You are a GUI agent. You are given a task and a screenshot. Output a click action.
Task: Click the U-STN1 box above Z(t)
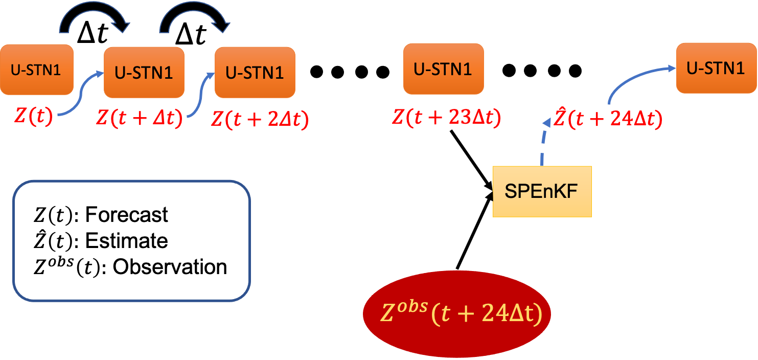pos(36,70)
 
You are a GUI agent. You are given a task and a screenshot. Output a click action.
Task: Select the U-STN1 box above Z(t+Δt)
pos(144,72)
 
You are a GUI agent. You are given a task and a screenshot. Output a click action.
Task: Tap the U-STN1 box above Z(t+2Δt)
pos(255,72)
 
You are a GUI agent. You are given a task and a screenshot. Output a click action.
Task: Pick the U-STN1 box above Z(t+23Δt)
pos(443,69)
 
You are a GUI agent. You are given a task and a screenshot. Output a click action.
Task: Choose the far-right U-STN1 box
pos(716,68)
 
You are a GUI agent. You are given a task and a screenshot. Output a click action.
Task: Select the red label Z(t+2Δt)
pos(260,120)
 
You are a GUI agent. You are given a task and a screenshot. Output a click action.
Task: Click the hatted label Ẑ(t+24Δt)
pos(608,119)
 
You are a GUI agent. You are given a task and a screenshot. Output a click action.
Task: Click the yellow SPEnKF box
pos(542,191)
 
